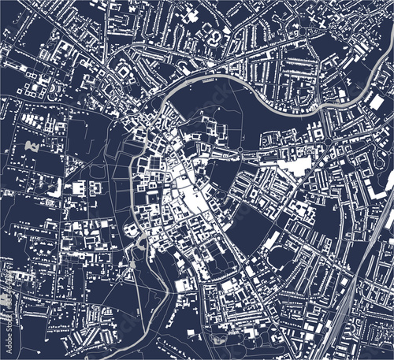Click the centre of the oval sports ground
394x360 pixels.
coord(277,257)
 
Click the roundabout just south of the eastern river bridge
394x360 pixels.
coord(328,141)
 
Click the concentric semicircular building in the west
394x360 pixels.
coord(54,187)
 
